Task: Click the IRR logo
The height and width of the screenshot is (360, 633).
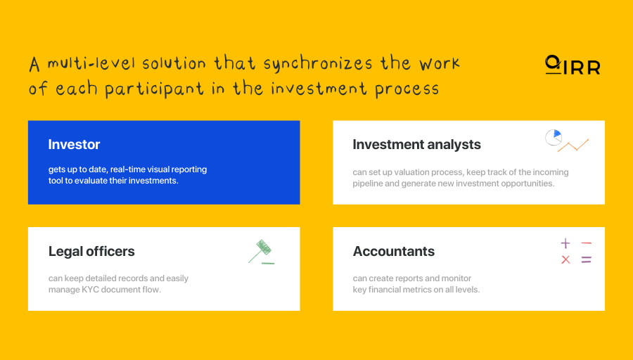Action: [573, 65]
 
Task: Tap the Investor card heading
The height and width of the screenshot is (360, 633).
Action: [74, 145]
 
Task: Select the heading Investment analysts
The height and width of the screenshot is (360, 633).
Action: [416, 145]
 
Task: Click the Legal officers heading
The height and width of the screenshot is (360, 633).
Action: [91, 252]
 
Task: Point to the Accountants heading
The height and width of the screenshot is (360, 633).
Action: [393, 252]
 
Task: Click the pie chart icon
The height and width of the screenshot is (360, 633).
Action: [554, 137]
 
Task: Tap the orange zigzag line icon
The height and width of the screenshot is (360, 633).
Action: [573, 146]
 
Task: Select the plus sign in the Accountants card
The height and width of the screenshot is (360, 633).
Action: [565, 244]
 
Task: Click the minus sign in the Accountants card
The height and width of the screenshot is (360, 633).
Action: [586, 244]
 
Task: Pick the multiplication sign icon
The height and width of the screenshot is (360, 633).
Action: [565, 260]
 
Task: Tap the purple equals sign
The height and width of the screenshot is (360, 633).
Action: [586, 260]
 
